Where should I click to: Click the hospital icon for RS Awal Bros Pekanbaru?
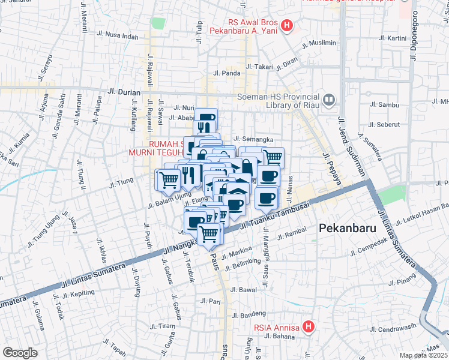[x=287, y=26]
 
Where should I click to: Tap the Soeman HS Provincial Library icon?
[x=329, y=100]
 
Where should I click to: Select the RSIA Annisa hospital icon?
[x=309, y=327]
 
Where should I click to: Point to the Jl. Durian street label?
[x=123, y=92]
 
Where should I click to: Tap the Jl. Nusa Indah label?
[x=121, y=36]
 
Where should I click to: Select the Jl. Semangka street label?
[x=258, y=139]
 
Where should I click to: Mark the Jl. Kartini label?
[x=393, y=38]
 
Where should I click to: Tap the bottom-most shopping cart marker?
[x=209, y=233]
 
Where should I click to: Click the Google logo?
[x=19, y=352]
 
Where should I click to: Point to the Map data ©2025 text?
[x=424, y=355]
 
